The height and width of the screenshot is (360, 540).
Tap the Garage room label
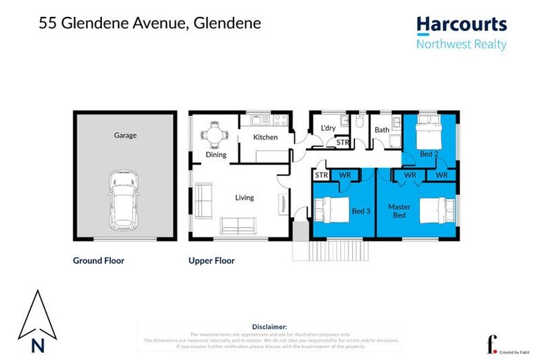(125, 135)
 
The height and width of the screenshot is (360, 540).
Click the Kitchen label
(265, 137)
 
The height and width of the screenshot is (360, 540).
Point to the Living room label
(244, 198)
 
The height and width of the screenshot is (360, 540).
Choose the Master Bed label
(398, 210)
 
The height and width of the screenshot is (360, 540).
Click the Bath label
(382, 130)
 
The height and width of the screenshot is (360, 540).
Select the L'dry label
(328, 129)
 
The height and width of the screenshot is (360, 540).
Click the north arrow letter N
(37, 345)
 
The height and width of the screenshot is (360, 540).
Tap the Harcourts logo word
(461, 25)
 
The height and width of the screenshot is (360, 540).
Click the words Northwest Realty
(461, 44)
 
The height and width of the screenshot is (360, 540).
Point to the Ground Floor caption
(98, 260)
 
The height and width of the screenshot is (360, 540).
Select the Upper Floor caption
(212, 260)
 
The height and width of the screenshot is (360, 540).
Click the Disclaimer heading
(269, 327)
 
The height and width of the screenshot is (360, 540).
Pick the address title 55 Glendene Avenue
(150, 23)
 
